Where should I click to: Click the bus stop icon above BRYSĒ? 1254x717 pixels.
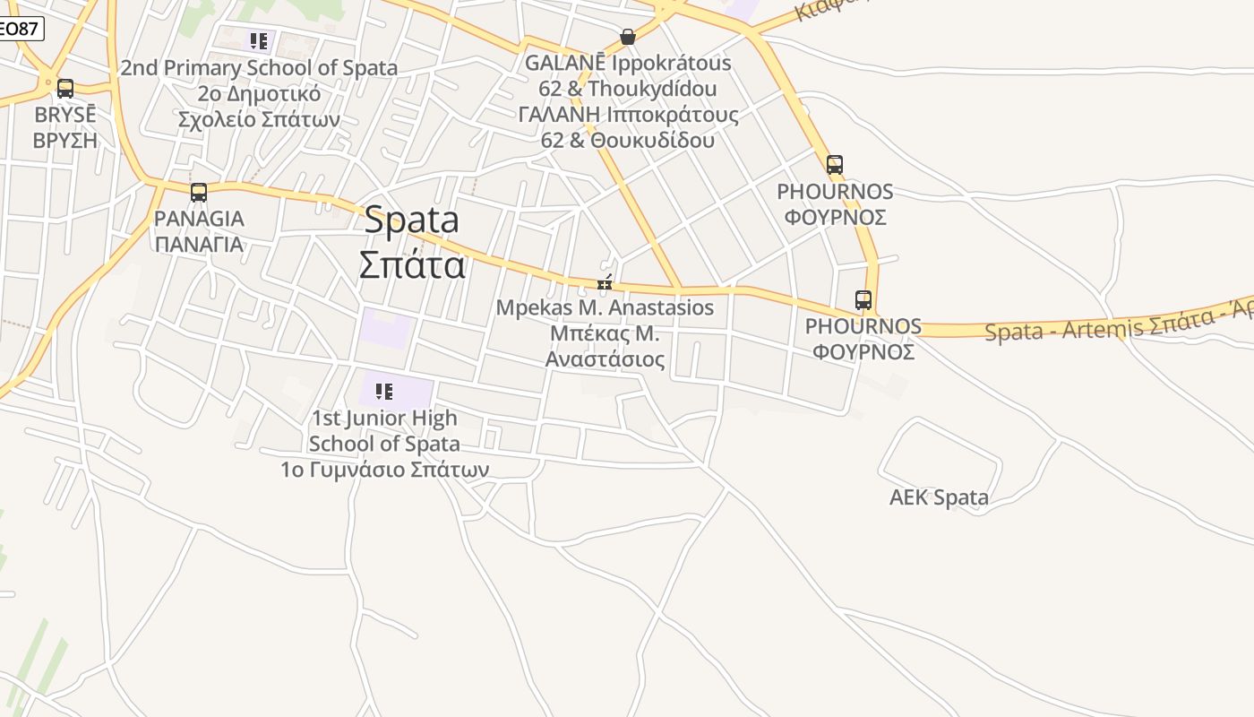64,89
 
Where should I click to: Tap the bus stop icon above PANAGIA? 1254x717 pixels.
198,192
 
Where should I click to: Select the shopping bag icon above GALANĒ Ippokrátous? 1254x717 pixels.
627,37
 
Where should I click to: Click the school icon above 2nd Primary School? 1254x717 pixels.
259,40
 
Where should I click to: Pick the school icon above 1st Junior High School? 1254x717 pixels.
384,391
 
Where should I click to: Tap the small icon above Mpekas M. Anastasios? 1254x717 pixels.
605,284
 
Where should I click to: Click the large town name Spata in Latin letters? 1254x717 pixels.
411,220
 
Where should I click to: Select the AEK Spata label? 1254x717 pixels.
939,497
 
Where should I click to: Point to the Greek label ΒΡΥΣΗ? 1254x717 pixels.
64,141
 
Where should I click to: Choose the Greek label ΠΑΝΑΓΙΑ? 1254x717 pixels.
198,244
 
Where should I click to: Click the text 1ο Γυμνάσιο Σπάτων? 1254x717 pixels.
384,470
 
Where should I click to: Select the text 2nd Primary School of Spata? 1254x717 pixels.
259,68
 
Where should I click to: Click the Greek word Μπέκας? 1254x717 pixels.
581,334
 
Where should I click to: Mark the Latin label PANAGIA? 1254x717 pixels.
198,219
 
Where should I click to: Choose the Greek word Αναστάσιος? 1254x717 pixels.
605,360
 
